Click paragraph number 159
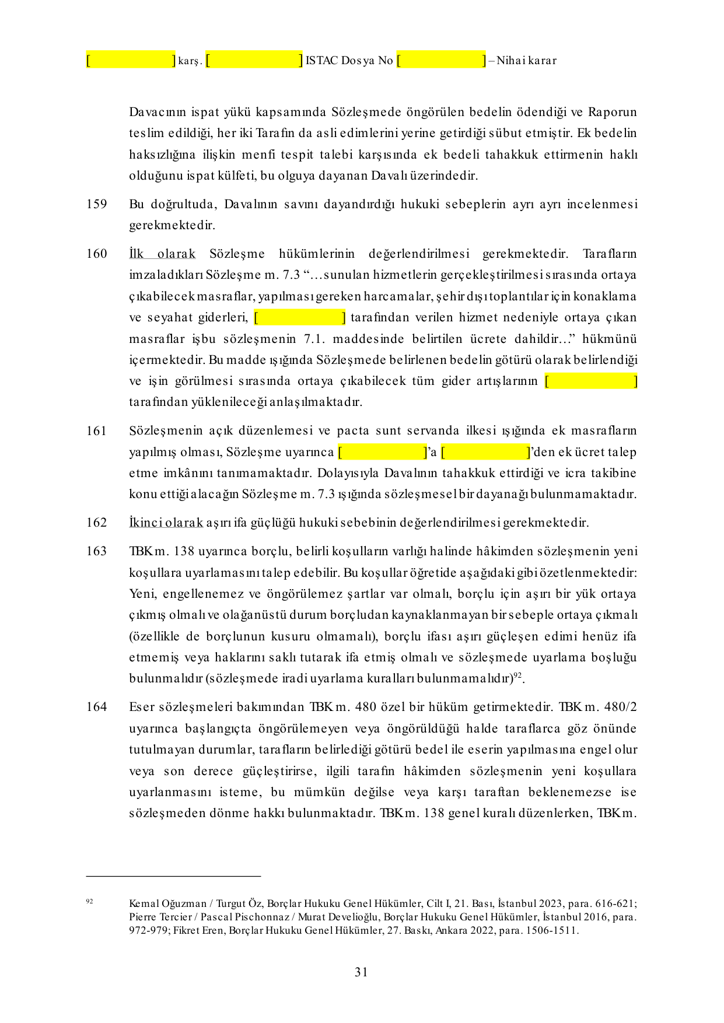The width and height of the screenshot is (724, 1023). (97, 204)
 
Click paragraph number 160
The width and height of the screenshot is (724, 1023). (97, 254)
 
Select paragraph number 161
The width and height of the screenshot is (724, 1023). (97, 431)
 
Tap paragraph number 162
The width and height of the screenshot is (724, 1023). (97, 523)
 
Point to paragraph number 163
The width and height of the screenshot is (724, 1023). (97, 551)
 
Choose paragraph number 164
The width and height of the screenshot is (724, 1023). (97, 707)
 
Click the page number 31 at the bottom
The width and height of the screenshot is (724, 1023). (361, 972)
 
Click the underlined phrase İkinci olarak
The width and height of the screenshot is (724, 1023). (166, 523)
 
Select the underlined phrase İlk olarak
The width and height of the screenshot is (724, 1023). (162, 254)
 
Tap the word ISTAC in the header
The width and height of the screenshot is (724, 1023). (321, 61)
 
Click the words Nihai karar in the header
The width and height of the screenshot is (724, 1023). (527, 61)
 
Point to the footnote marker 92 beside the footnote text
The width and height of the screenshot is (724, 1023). (89, 901)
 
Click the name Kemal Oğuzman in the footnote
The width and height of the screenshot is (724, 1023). (168, 903)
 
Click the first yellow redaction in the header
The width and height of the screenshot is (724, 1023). (131, 60)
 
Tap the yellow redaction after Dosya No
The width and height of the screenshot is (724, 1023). (441, 60)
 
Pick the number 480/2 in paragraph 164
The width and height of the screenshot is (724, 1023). (620, 707)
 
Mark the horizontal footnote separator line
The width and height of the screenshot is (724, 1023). (173, 876)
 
